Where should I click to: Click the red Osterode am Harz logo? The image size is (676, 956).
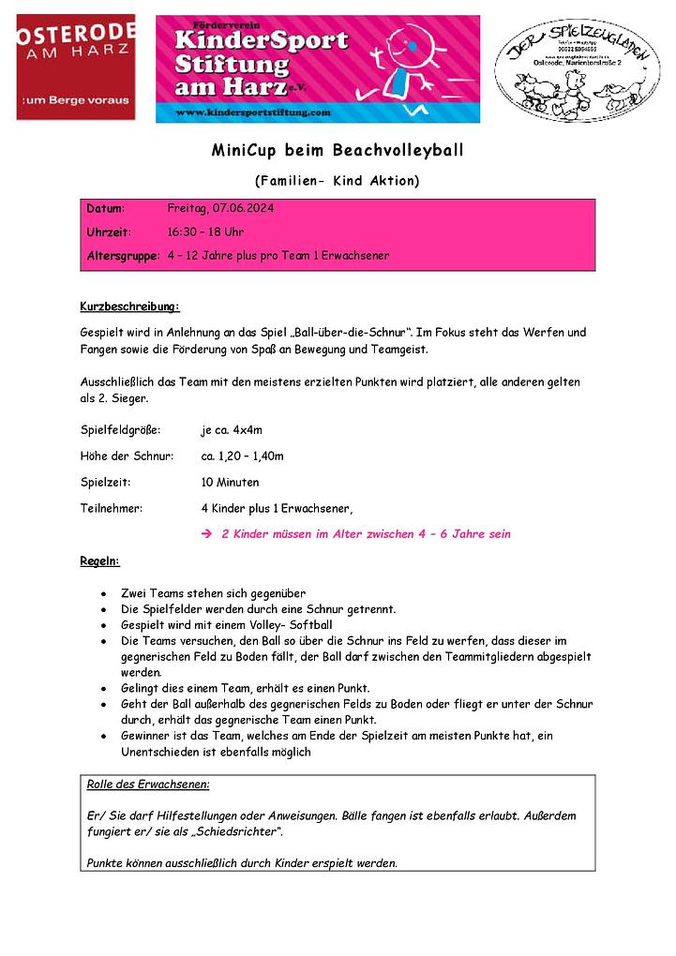click(76, 67)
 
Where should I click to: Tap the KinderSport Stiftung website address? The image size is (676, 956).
click(253, 112)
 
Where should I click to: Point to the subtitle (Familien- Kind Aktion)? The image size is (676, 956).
click(337, 180)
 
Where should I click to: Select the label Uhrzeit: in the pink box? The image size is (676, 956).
click(109, 232)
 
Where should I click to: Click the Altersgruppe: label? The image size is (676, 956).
click(122, 255)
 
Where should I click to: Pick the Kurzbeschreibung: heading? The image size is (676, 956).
click(129, 306)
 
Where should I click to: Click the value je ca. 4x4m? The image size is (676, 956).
click(232, 430)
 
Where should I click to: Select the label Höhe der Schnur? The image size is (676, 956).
click(127, 456)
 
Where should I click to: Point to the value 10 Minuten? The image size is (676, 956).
click(230, 483)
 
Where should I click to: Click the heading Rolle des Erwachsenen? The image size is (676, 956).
click(148, 784)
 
